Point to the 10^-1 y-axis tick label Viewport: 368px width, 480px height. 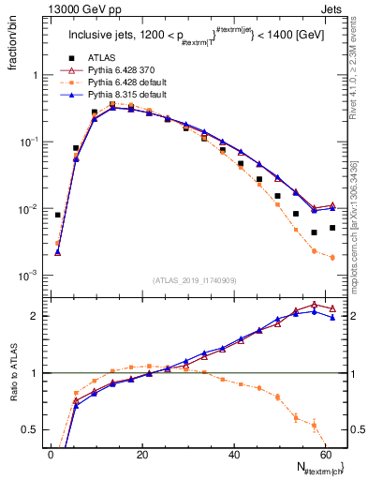(x=25, y=142)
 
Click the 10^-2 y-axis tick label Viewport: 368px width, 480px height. (x=25, y=208)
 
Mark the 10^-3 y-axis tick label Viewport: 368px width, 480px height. (x=25, y=276)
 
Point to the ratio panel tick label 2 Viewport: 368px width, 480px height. (x=32, y=316)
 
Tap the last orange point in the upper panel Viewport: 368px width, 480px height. (x=332, y=257)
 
